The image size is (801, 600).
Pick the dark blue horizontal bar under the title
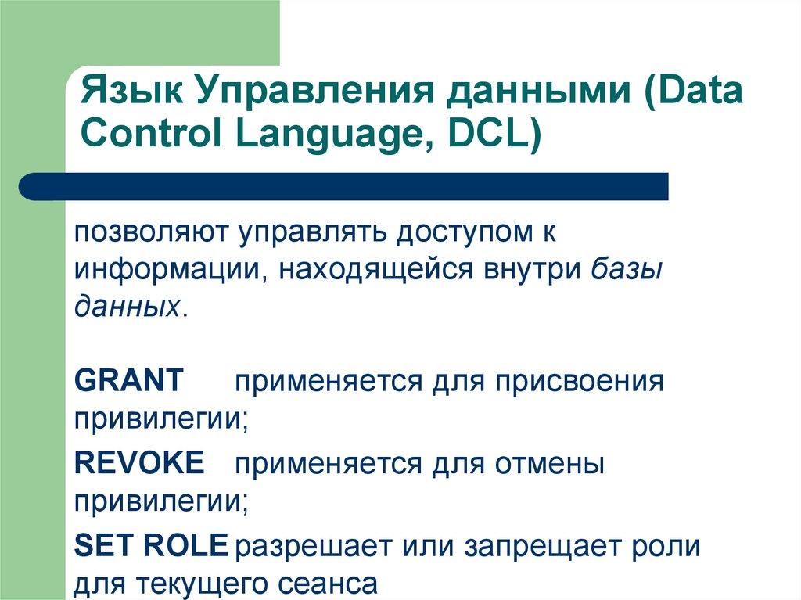coord(344,187)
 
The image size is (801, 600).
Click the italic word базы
coord(627,269)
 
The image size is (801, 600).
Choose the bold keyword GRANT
coord(129,381)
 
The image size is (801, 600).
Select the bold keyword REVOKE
coord(139,464)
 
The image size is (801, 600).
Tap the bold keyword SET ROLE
coord(151,546)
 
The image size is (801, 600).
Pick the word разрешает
coord(312,546)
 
